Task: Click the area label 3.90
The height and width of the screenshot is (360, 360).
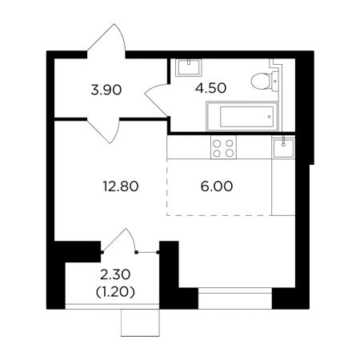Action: tap(106, 90)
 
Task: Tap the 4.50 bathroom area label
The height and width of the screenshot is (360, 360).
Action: tap(210, 88)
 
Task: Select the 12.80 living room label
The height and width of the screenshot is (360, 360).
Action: tap(121, 186)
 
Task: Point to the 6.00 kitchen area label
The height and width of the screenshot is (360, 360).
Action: tap(217, 186)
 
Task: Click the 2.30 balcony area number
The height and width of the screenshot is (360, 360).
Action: tap(115, 274)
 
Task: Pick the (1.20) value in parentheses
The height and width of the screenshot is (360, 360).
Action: tap(115, 293)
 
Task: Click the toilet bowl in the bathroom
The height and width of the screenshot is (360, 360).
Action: tap(261, 81)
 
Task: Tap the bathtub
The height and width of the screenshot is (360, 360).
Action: tap(242, 116)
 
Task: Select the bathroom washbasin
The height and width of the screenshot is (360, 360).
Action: tap(189, 67)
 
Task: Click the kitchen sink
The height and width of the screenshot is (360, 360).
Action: tap(283, 147)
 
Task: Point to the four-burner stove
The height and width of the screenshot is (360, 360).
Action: tap(223, 147)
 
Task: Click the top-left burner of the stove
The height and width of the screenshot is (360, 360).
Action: tap(217, 144)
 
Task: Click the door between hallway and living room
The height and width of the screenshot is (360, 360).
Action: tap(103, 130)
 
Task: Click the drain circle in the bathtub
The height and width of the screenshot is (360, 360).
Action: tap(270, 117)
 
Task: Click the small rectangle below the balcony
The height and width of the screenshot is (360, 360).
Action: tap(140, 322)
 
